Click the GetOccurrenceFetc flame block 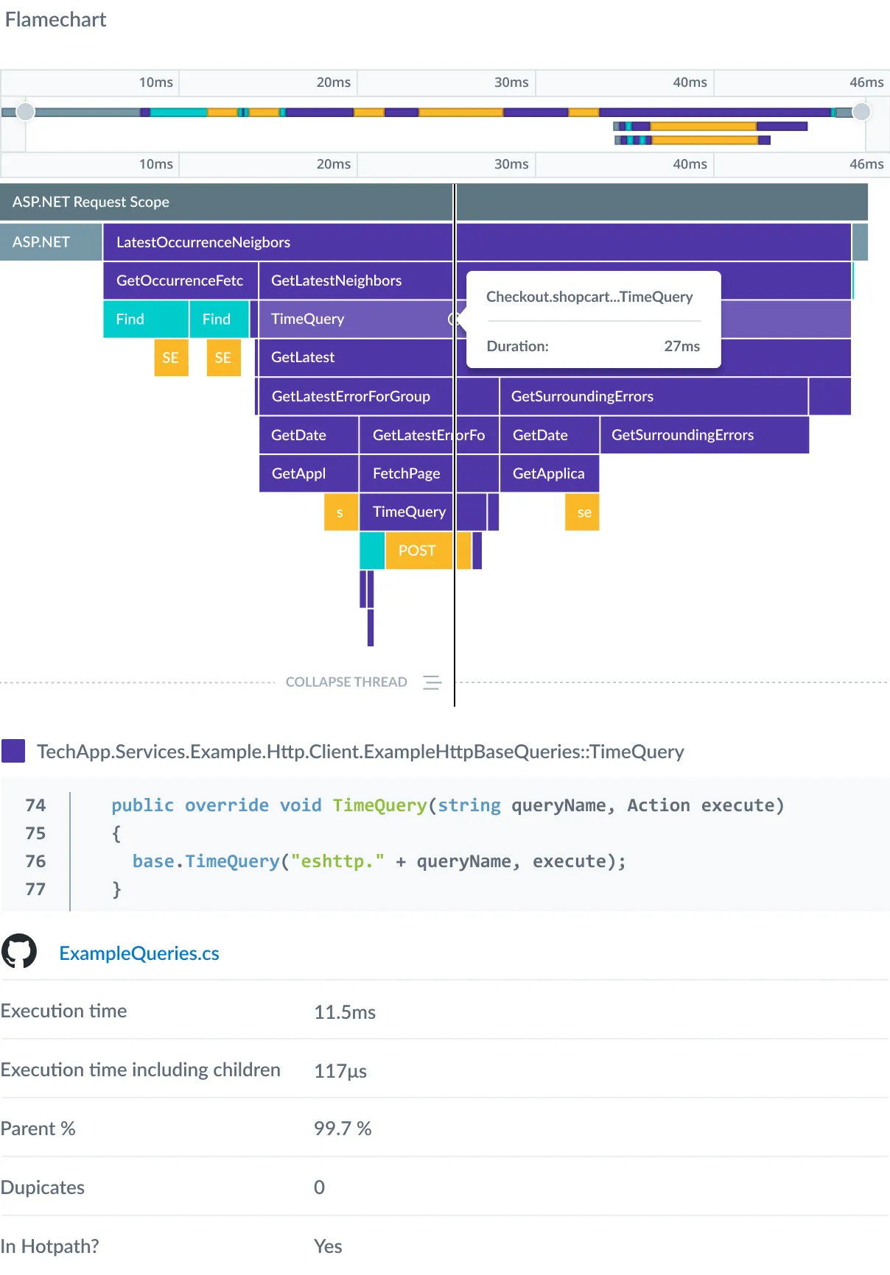180,280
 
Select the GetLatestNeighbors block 336,280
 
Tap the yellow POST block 417,551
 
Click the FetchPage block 406,473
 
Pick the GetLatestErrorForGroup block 351,396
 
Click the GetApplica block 548,473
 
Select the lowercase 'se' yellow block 584,512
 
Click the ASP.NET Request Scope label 91,202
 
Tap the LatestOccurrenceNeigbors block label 203,242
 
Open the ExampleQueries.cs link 139,953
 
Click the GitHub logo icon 19,952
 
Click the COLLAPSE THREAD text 346,682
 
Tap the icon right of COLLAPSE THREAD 432,682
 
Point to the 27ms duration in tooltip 681,346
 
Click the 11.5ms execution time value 345,1012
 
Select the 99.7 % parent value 343,1129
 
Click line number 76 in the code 35,861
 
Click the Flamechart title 56,20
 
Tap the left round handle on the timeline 26,111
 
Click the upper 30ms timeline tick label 511,82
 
